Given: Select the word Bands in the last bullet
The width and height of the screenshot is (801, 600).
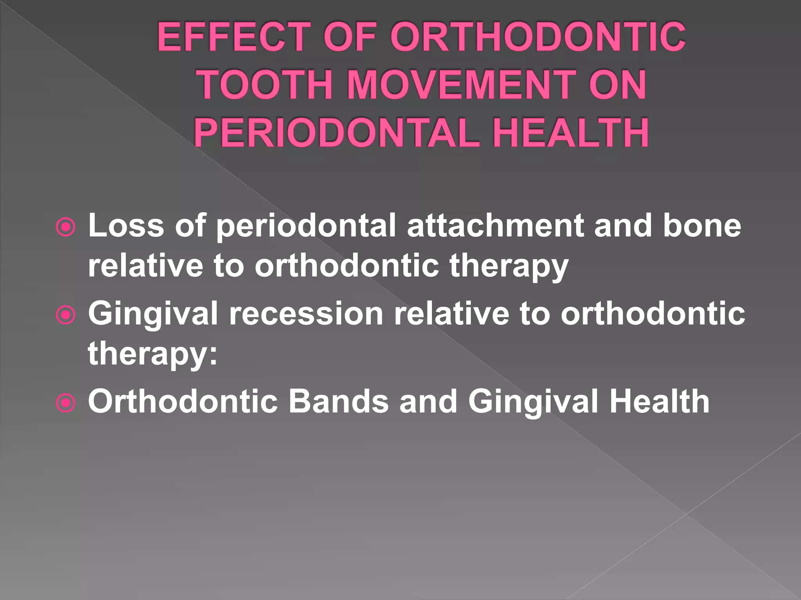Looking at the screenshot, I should (x=338, y=402).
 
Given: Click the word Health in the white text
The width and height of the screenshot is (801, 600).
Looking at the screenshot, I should (x=659, y=402).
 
